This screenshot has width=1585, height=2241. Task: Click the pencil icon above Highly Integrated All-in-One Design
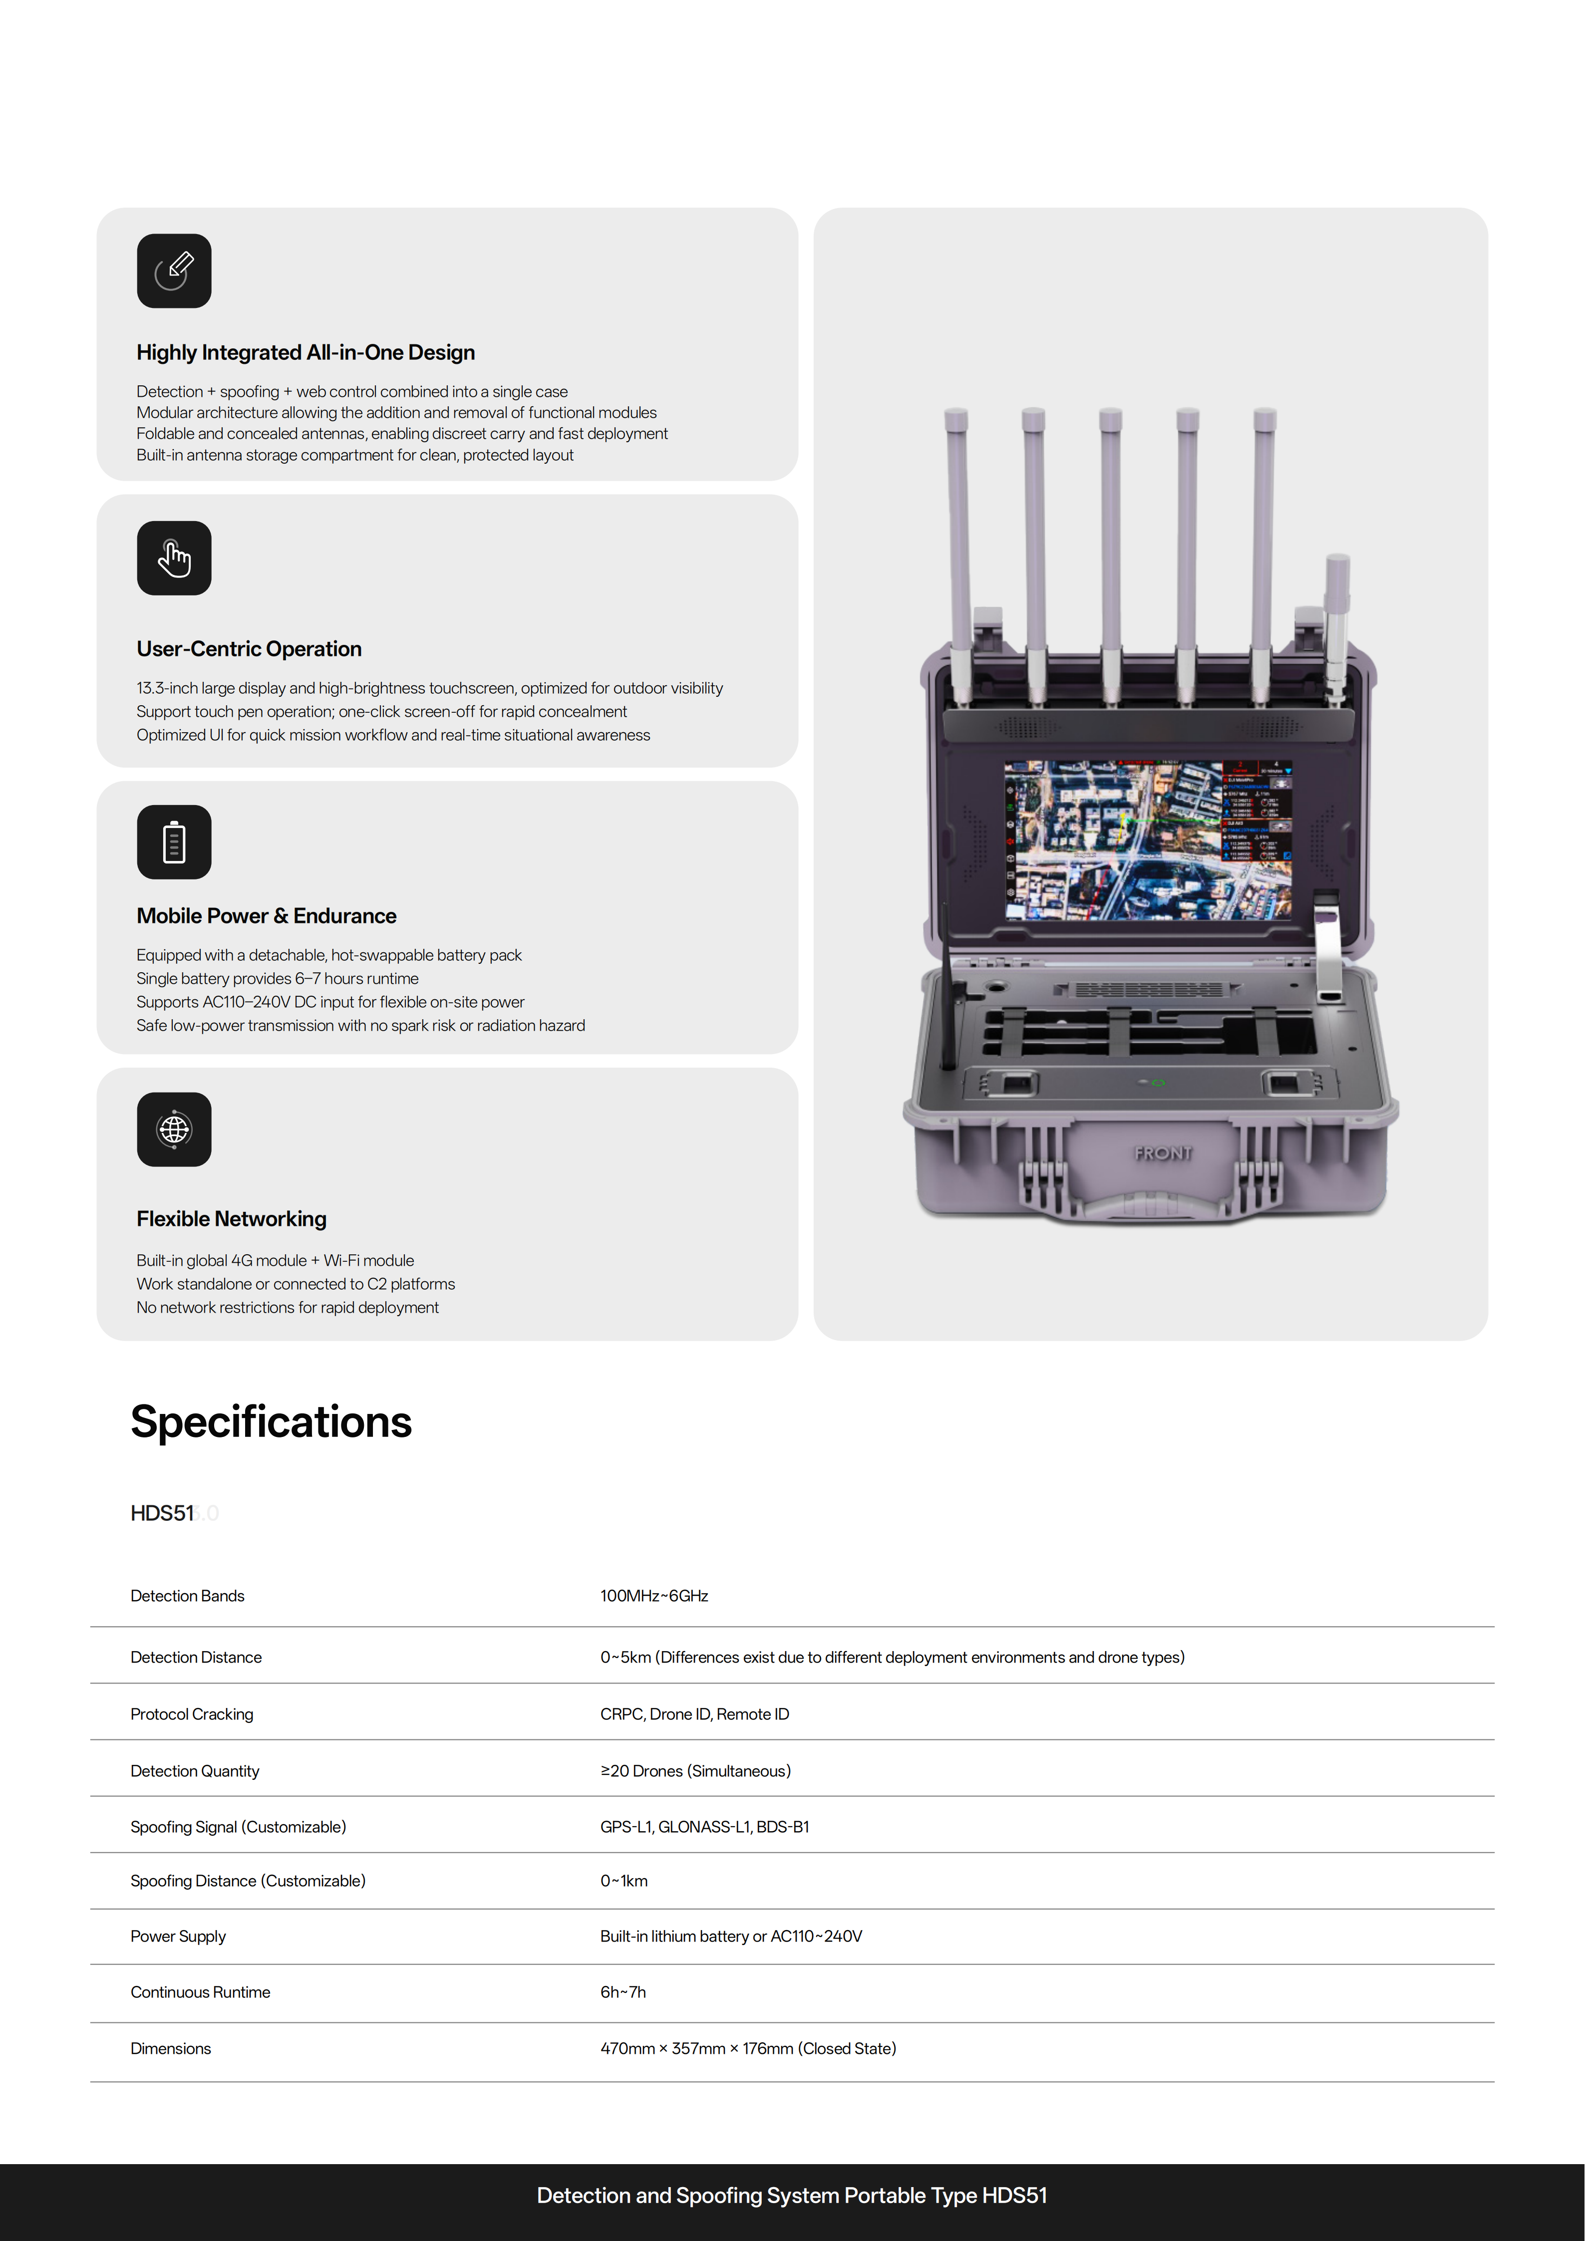tap(174, 271)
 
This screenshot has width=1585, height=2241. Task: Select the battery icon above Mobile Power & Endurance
tap(174, 841)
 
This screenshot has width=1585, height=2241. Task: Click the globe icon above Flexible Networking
tap(174, 1129)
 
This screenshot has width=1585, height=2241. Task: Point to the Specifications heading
tap(272, 1421)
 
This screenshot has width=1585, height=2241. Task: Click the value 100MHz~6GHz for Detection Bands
tap(654, 1596)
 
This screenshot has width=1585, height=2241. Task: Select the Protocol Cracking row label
tap(191, 1714)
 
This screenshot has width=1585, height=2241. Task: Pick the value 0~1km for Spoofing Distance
tap(624, 1881)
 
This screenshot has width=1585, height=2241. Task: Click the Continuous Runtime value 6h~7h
tap(623, 1992)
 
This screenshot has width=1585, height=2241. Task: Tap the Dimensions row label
tap(171, 2049)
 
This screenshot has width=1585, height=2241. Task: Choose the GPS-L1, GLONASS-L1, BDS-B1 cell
tap(705, 1827)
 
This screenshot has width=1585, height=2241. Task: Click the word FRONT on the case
tap(1162, 1153)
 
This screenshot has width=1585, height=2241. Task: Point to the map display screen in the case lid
tap(1148, 840)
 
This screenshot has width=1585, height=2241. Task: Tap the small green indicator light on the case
tap(1159, 1083)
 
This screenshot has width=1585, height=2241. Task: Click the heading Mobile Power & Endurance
tap(267, 915)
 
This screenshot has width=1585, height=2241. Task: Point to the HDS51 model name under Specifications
tap(162, 1513)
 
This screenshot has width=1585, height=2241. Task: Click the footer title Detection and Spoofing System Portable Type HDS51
tap(792, 2195)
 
